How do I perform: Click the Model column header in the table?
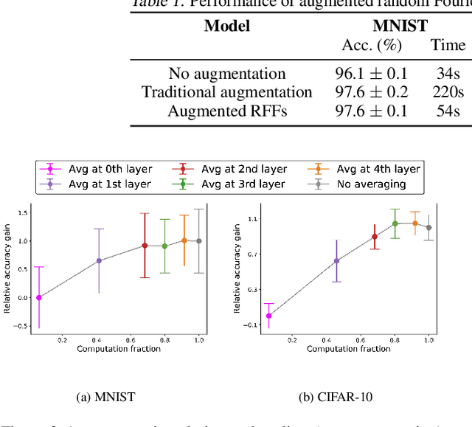pos(226,26)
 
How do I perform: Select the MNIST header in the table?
pos(400,26)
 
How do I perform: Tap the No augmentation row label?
pos(226,74)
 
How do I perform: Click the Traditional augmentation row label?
pos(226,92)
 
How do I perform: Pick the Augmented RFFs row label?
pos(226,111)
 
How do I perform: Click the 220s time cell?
pos(448,92)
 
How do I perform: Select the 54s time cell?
pos(448,111)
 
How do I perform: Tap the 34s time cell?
pos(448,74)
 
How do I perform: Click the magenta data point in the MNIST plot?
pos(39,297)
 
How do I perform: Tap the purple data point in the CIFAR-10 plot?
pos(336,260)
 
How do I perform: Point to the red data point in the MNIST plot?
pos(145,246)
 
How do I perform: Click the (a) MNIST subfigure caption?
pos(105,397)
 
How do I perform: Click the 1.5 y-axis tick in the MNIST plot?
pos(24,213)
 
